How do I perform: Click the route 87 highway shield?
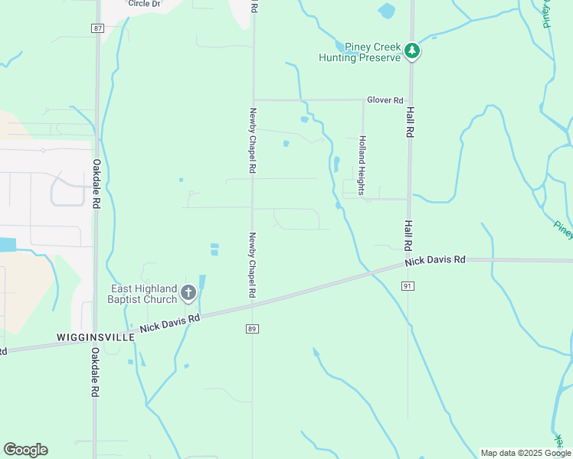point(97,28)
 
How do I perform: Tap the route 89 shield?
point(252,329)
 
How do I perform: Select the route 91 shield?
point(408,285)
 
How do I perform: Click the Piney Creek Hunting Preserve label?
point(362,52)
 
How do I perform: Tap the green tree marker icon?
point(412,51)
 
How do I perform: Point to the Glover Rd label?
point(385,100)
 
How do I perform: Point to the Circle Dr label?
point(145,4)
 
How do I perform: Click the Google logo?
point(25,450)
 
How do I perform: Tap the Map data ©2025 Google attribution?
point(526,453)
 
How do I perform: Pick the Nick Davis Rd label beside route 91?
point(435,261)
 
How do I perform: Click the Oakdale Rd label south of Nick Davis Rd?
point(96,372)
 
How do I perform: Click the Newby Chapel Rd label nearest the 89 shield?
point(252,265)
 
